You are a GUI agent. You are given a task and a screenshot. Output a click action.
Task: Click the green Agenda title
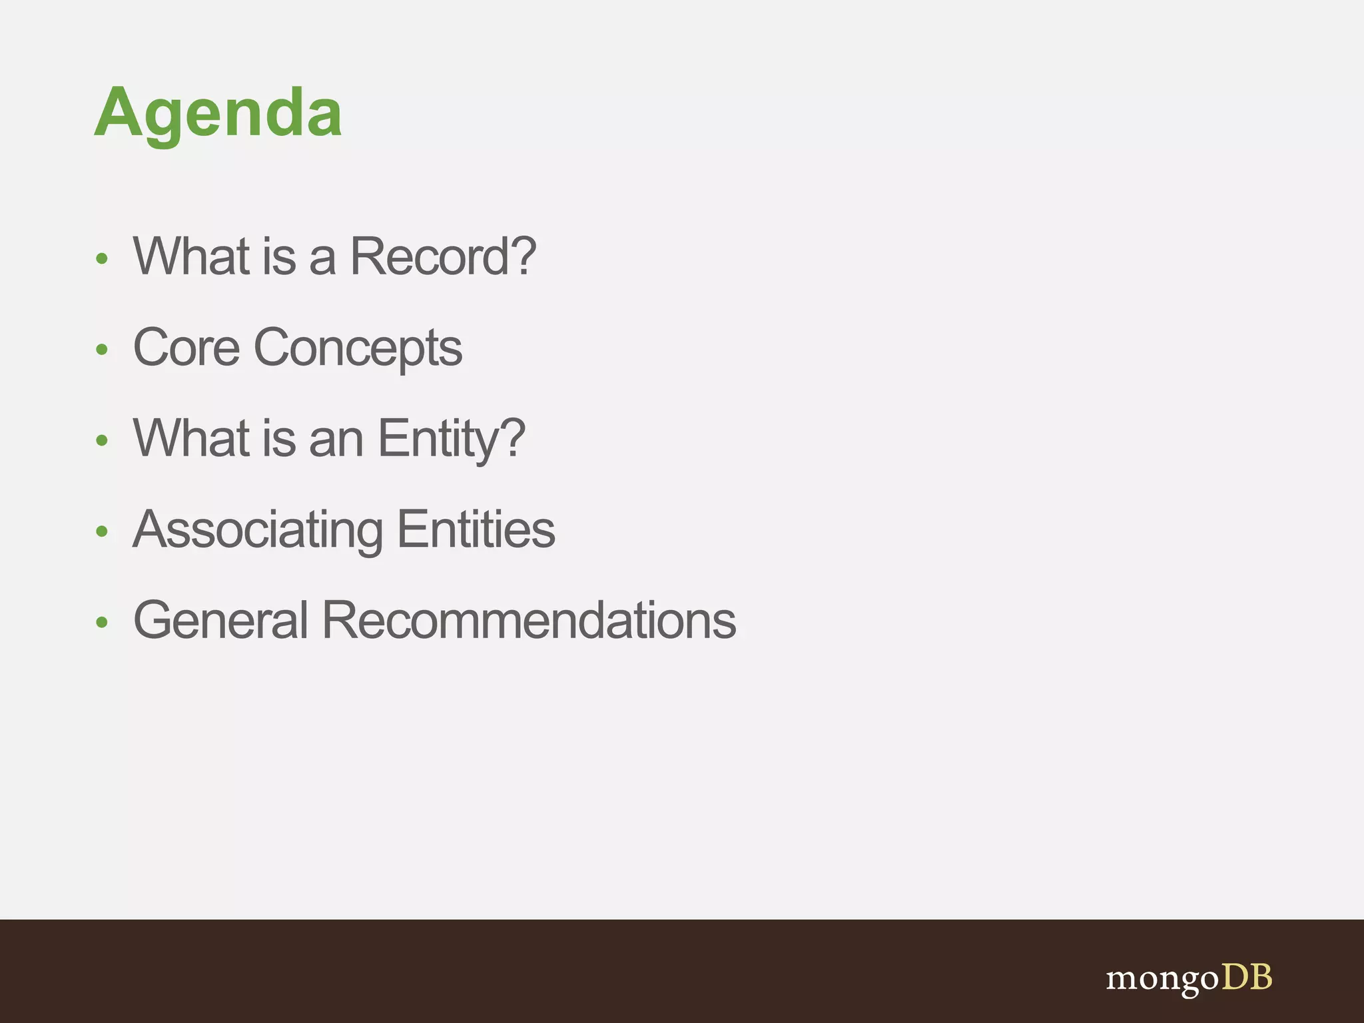[x=218, y=113]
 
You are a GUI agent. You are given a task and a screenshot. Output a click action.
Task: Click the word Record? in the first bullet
[x=443, y=256]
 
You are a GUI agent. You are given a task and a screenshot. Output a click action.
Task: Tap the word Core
[x=186, y=348]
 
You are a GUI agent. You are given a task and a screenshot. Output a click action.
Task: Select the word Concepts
[x=358, y=349]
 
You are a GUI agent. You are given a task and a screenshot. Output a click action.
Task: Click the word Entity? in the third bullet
[x=452, y=440]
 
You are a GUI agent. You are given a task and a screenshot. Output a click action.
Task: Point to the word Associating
[x=258, y=530]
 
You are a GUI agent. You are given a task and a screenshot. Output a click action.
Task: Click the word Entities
[x=476, y=529]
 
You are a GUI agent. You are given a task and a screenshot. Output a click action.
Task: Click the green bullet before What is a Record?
[x=101, y=258]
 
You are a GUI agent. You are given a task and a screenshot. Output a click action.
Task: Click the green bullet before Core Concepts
[x=101, y=349]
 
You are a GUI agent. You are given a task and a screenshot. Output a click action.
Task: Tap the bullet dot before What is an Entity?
[x=101, y=440]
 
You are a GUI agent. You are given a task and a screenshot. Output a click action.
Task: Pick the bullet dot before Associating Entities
[x=101, y=531]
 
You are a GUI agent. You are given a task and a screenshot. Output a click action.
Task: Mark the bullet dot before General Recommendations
[x=101, y=622]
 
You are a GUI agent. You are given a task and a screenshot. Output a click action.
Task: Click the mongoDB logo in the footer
[x=1189, y=979]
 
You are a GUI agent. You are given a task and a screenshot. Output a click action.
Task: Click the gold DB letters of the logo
[x=1247, y=977]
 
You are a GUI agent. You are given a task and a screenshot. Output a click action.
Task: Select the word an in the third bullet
[x=336, y=440]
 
